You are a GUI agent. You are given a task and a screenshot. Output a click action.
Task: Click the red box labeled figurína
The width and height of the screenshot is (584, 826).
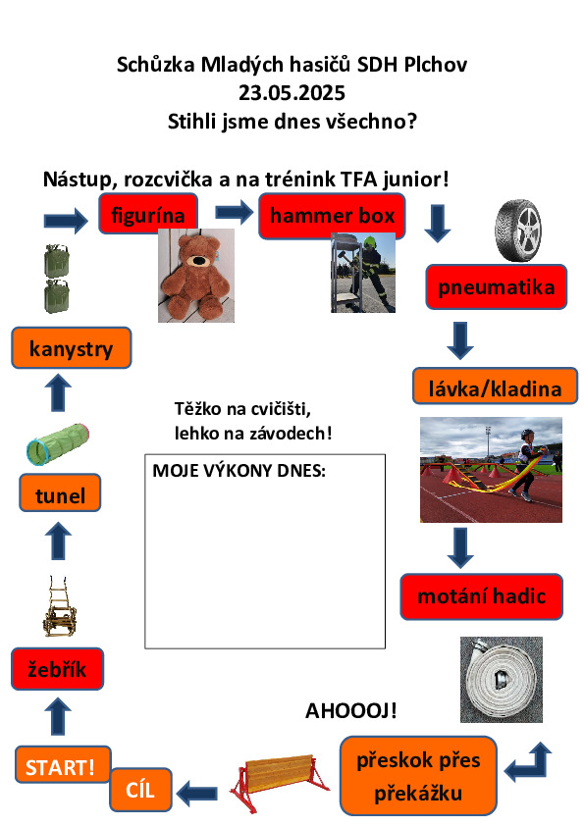(x=148, y=213)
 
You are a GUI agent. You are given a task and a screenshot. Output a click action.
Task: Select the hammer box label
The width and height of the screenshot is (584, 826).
(x=332, y=216)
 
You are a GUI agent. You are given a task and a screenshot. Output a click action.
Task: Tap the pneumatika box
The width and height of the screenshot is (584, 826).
(x=496, y=287)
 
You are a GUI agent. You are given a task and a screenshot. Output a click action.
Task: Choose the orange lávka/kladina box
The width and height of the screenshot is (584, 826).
(x=495, y=387)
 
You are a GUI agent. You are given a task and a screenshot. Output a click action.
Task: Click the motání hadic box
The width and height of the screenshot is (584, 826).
(x=481, y=596)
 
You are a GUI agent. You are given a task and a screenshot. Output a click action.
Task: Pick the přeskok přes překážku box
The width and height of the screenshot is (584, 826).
(x=418, y=776)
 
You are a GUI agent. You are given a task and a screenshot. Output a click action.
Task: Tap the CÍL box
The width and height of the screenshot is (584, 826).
(x=140, y=789)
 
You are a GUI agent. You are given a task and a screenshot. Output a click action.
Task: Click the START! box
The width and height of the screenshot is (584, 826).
(x=63, y=764)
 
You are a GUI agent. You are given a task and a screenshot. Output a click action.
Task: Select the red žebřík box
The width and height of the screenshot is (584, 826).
(x=58, y=669)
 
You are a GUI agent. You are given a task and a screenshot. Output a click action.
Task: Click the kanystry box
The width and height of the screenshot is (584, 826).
(x=71, y=347)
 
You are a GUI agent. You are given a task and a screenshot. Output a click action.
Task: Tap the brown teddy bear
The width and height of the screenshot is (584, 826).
(x=196, y=276)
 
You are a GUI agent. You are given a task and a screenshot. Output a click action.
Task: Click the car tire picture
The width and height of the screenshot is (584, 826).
(x=518, y=231)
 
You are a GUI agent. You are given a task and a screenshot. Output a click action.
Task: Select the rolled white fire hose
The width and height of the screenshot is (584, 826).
(x=502, y=680)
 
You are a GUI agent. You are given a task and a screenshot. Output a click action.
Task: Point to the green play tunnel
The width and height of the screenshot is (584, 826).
(x=58, y=444)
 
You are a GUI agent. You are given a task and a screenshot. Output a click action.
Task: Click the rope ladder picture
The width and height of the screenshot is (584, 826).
(x=60, y=606)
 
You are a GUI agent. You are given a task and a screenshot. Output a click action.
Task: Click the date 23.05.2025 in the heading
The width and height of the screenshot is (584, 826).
(x=292, y=93)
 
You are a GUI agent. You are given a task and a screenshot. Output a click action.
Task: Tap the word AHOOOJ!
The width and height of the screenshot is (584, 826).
(x=351, y=710)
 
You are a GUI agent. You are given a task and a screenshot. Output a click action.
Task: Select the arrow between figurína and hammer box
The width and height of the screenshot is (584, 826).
(x=235, y=212)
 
